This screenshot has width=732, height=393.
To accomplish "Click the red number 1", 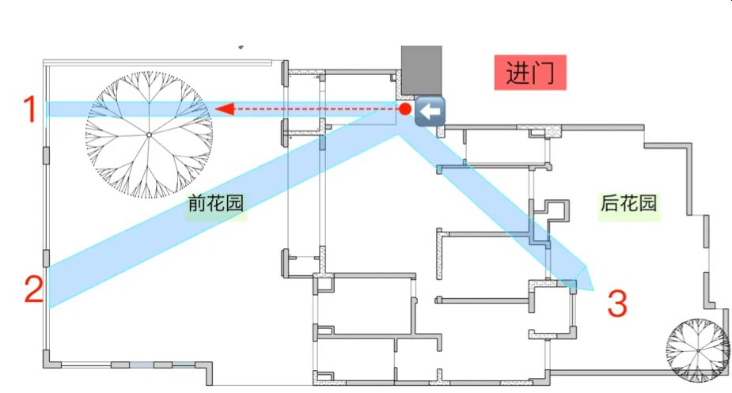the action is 30,109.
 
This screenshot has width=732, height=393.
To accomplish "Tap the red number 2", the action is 33,289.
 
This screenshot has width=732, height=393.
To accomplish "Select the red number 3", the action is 617,304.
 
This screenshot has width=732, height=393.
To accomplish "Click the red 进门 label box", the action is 530,72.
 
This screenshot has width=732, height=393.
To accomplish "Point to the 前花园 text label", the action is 216,203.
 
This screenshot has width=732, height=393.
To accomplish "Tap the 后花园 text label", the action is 628,203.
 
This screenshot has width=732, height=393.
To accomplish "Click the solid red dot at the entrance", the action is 405,109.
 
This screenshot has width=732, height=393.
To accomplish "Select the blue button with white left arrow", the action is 430,111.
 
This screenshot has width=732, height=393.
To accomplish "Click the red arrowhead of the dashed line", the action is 225,109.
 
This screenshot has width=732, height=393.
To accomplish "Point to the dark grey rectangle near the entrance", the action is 422,70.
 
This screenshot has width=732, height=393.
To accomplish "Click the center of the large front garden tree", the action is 149,135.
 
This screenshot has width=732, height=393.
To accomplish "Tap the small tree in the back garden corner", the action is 698,350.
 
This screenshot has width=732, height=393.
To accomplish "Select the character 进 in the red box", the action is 518,74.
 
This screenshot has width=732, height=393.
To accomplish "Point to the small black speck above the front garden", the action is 241,47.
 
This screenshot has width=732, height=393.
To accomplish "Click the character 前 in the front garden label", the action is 197,203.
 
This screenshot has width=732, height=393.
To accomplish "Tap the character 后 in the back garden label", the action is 609,203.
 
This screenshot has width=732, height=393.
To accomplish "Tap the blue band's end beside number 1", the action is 47,109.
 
